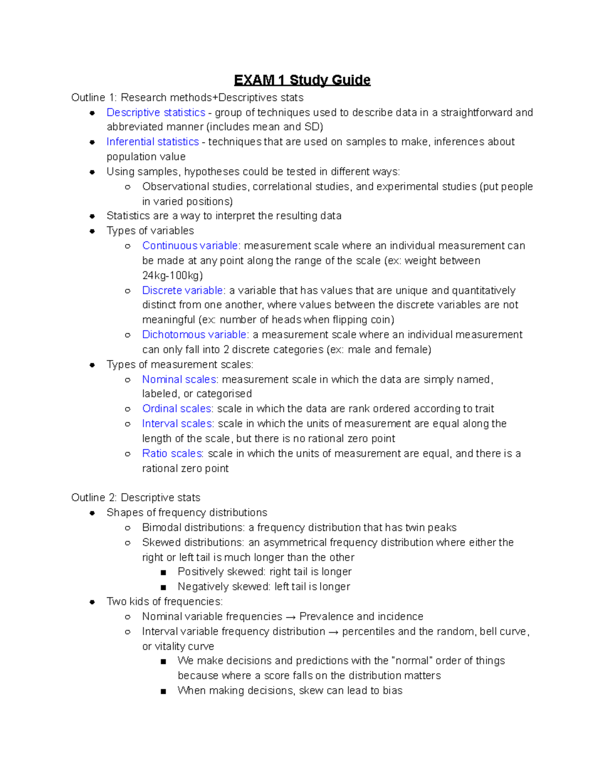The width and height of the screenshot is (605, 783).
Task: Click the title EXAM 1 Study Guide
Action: [302, 80]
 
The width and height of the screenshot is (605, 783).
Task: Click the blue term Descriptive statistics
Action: [156, 112]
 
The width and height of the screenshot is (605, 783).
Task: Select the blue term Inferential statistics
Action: [152, 142]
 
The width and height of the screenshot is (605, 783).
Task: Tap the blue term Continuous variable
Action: [190, 246]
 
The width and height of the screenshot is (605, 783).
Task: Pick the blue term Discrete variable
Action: [183, 291]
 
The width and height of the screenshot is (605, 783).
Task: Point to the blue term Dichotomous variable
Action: [194, 335]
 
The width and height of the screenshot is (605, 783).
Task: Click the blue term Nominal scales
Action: [179, 380]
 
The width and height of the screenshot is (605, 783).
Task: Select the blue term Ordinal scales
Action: [176, 409]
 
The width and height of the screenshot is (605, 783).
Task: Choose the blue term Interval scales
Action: [177, 424]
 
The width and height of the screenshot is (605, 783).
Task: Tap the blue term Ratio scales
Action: [172, 454]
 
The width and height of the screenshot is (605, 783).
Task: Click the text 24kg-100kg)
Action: [172, 276]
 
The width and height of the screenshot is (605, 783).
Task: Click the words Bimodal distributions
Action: [193, 528]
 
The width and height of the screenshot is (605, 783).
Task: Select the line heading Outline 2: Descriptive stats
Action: [136, 498]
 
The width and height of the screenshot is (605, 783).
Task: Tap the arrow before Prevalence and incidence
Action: [290, 617]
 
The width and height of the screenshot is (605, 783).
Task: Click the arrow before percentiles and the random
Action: [333, 632]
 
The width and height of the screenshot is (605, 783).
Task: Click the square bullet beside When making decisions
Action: [163, 691]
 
